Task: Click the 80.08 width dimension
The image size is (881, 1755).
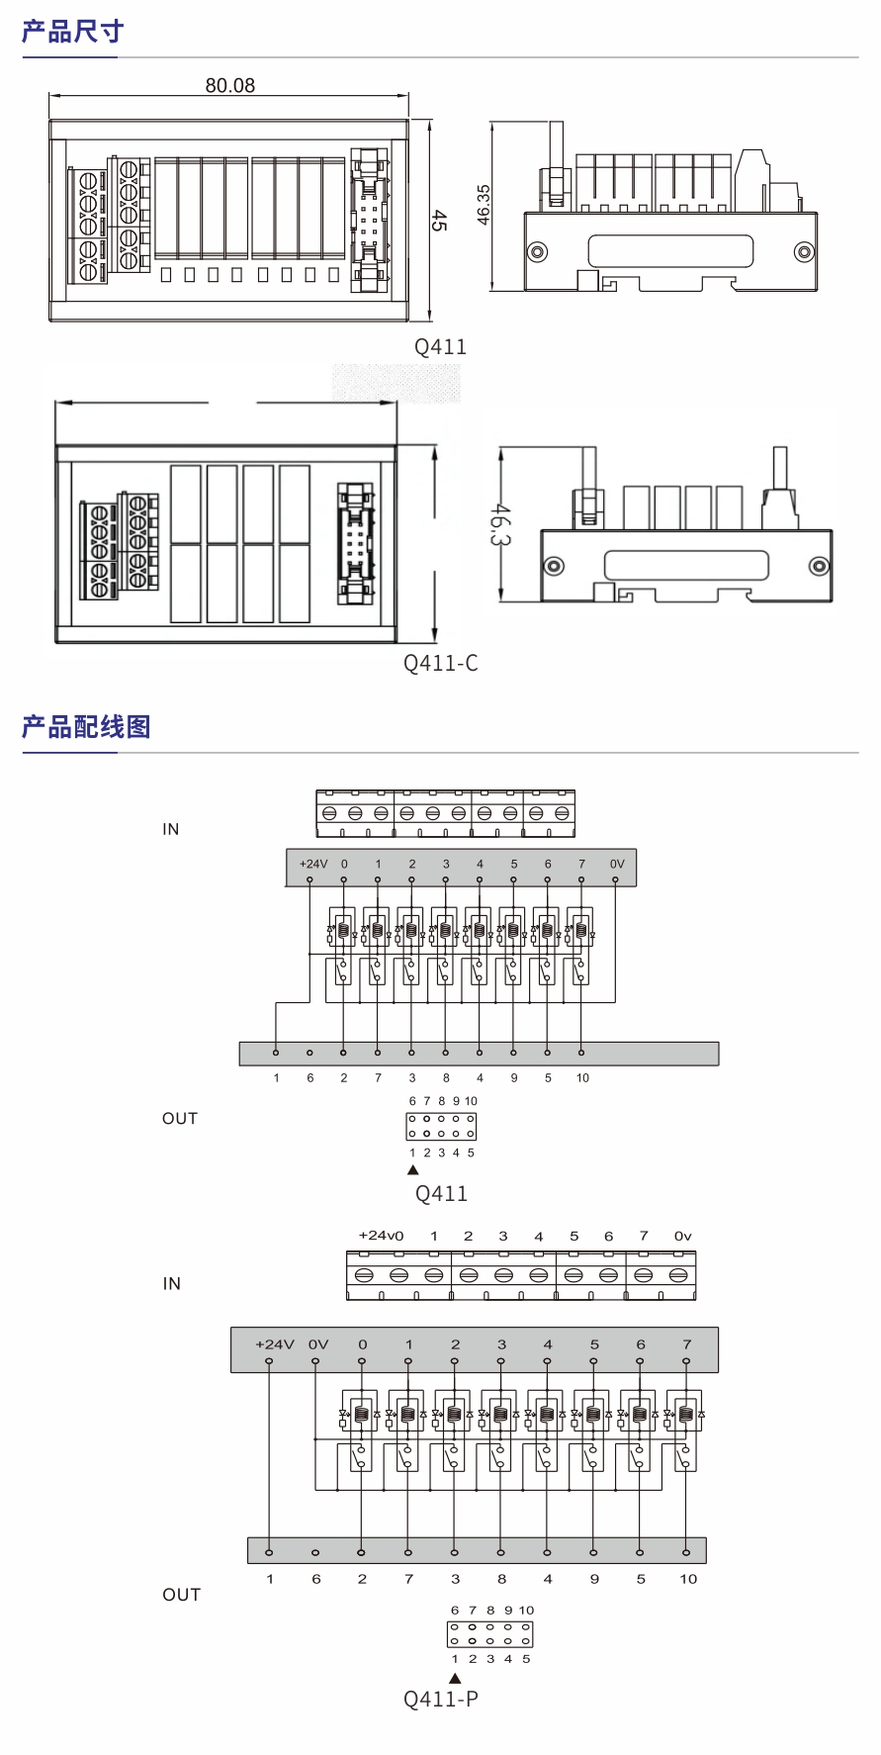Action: click(229, 86)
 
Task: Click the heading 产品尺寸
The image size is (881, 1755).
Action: click(72, 33)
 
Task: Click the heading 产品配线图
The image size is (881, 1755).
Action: click(86, 727)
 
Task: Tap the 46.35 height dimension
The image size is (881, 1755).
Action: click(484, 205)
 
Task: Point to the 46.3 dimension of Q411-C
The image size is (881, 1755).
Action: click(500, 524)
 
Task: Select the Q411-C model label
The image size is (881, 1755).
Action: click(440, 663)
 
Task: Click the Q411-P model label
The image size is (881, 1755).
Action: click(440, 1699)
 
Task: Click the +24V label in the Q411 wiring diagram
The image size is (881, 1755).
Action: click(312, 864)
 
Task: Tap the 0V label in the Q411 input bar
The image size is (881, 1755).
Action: click(617, 864)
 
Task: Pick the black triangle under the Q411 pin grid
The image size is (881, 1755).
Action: click(413, 1170)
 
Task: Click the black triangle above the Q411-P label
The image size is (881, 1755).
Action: click(455, 1678)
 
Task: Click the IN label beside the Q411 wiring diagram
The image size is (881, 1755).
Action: click(171, 829)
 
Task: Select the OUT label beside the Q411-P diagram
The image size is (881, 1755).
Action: click(181, 1595)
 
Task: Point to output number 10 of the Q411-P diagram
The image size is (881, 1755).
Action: click(688, 1579)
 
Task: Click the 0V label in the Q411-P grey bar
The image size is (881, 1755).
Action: click(318, 1344)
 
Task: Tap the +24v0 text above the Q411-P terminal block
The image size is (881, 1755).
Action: click(381, 1236)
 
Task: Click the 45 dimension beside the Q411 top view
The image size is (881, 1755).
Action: click(438, 220)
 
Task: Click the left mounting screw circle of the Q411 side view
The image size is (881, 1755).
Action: click(537, 252)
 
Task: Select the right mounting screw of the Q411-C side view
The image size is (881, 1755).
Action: click(819, 566)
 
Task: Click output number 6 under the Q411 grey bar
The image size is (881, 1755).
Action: click(310, 1078)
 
